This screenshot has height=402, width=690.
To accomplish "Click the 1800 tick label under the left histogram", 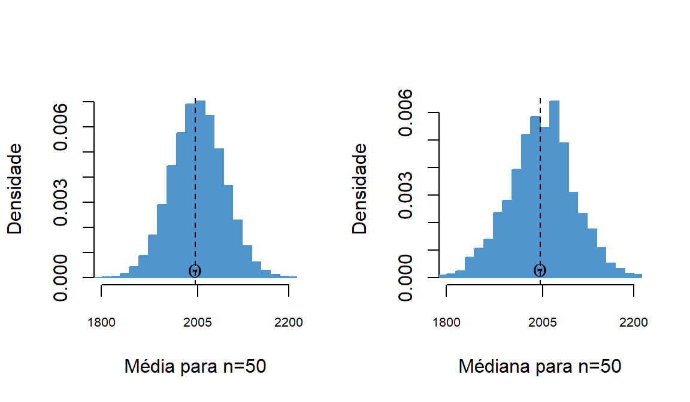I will pyautogui.click(x=101, y=322).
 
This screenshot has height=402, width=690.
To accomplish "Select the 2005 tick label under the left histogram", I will pyautogui.click(x=198, y=322).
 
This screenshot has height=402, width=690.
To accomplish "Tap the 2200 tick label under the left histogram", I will pyautogui.click(x=289, y=322).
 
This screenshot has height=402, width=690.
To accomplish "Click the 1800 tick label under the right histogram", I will pyautogui.click(x=446, y=322).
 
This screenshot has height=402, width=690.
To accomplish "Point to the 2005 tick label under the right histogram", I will pyautogui.click(x=543, y=322).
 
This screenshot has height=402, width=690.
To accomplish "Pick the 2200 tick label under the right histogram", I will pyautogui.click(x=634, y=322).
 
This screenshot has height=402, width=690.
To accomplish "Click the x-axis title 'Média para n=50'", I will pyautogui.click(x=195, y=366).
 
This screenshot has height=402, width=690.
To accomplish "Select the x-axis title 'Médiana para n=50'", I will pyautogui.click(x=540, y=366).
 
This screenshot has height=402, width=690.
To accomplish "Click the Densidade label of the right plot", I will pyautogui.click(x=360, y=188).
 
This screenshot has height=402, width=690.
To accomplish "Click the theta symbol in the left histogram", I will pyautogui.click(x=195, y=270).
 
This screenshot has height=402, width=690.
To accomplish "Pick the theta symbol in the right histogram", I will pyautogui.click(x=540, y=270).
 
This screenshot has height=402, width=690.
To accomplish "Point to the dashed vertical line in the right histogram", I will pyautogui.click(x=540, y=179).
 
